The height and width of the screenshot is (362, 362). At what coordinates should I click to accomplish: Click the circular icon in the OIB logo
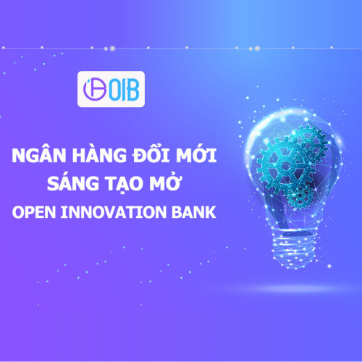pos(93,90)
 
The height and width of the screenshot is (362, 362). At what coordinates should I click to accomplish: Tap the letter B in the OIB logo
pos(135,90)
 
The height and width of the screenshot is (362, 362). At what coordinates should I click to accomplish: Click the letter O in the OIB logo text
pos(114,90)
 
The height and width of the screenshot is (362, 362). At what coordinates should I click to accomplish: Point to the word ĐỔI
pos(148,156)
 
